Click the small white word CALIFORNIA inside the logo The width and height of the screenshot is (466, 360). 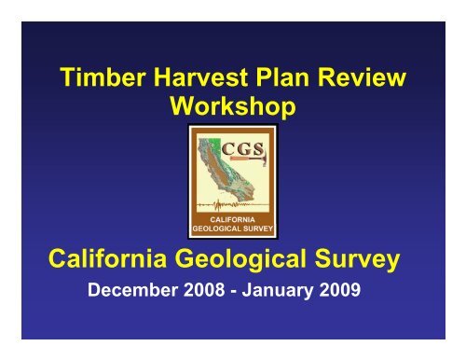(x=231, y=217)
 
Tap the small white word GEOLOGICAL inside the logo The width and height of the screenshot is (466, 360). (x=218, y=227)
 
